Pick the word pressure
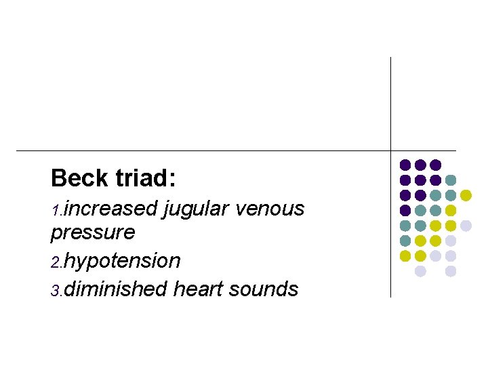[x=93, y=233]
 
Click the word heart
[x=199, y=289]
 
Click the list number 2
[x=56, y=263]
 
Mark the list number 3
[x=56, y=291]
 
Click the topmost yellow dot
[x=466, y=195]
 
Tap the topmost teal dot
[x=451, y=180]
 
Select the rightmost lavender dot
[x=466, y=226]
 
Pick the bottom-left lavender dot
[x=420, y=271]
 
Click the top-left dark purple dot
[x=405, y=165]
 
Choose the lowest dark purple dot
[x=405, y=210]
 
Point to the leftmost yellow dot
[x=405, y=256]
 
